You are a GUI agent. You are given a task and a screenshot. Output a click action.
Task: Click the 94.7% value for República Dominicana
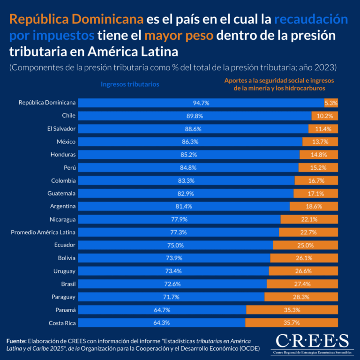(x=201, y=103)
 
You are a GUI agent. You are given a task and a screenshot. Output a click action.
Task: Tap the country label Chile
(x=68, y=115)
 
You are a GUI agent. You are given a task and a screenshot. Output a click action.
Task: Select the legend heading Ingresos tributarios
(x=130, y=84)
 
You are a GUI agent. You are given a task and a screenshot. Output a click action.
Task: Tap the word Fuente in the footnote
(x=16, y=341)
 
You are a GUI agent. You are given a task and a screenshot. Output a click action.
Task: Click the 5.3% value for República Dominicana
(x=331, y=103)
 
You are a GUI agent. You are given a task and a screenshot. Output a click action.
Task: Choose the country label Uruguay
(x=64, y=271)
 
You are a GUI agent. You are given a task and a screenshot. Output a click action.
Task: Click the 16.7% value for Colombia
(x=317, y=180)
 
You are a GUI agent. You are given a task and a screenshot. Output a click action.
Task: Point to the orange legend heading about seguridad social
(x=281, y=84)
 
